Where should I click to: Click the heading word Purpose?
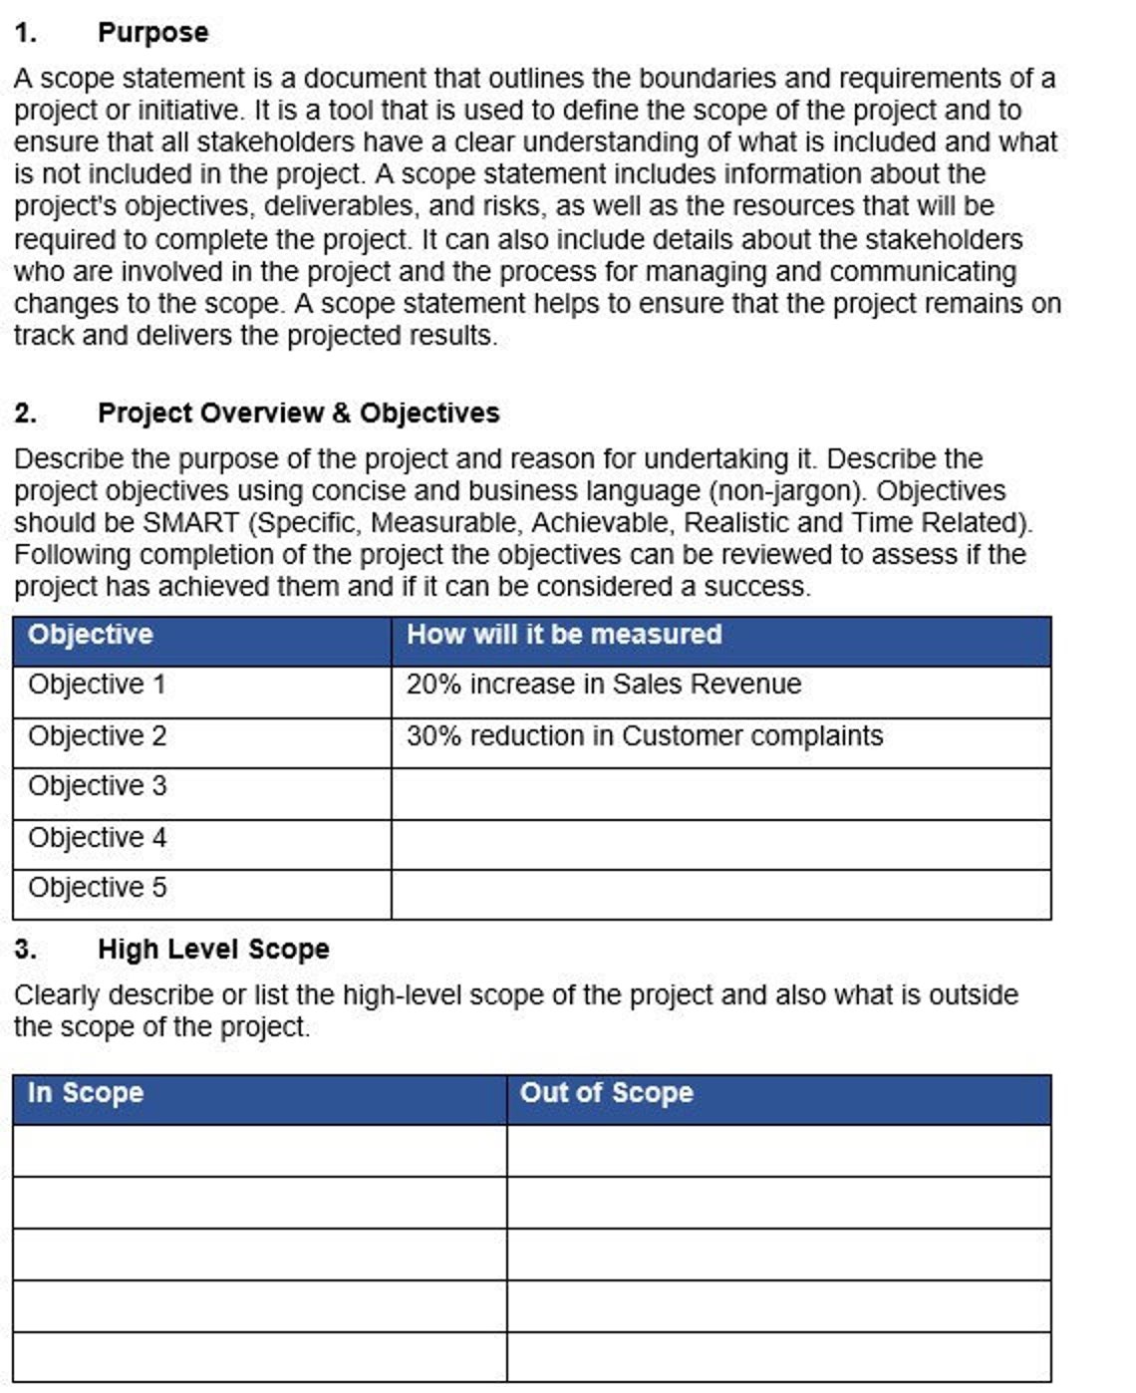pos(152,33)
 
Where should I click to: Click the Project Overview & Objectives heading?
pos(298,414)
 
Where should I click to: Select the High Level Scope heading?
pos(213,950)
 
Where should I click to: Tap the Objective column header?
pos(91,635)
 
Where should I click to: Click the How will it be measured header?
pos(564,635)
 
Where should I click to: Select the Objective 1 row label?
pos(97,686)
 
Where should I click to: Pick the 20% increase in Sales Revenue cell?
pos(604,686)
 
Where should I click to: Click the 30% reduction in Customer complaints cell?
pos(645,736)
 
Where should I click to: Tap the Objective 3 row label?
pos(98,787)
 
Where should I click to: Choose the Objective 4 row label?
pos(98,838)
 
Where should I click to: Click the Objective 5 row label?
pos(98,889)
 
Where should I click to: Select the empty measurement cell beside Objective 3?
pos(720,794)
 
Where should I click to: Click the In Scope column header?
pos(86,1093)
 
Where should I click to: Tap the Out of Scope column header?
pos(606,1093)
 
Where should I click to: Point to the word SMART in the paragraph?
pos(191,523)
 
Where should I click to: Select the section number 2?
pos(26,414)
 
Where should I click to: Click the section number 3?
pos(26,950)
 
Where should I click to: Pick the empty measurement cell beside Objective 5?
pos(720,895)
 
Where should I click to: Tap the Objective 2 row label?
pos(98,736)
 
